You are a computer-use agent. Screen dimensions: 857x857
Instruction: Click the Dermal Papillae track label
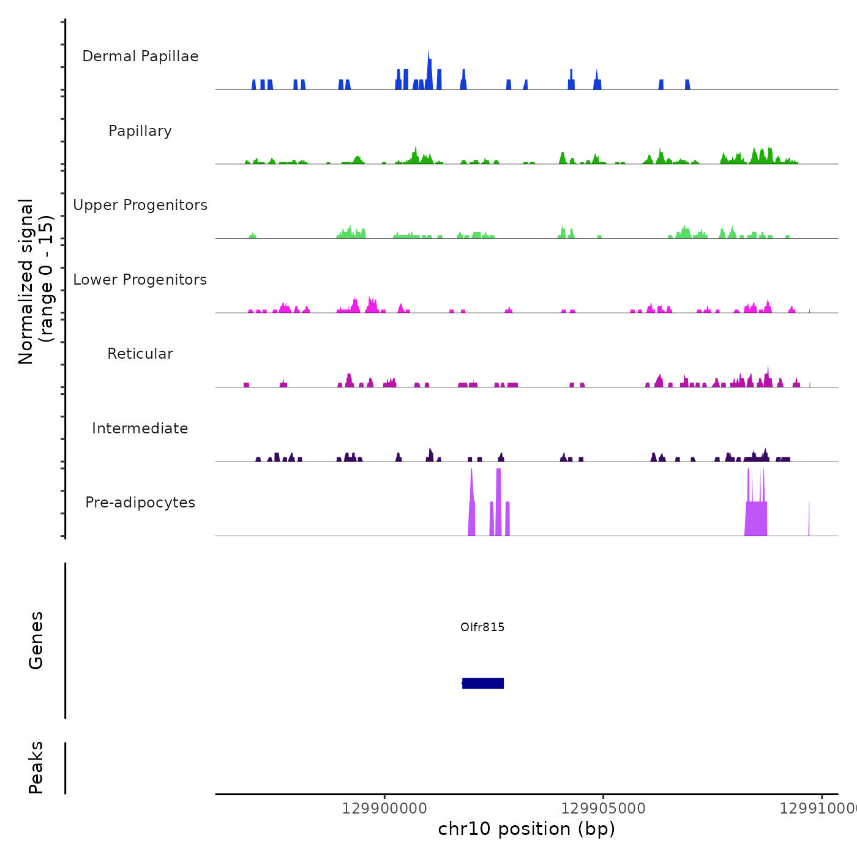140,56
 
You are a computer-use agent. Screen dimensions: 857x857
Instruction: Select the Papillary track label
140,131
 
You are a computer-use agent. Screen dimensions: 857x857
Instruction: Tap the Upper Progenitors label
140,205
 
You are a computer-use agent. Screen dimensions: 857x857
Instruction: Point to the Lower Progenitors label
140,280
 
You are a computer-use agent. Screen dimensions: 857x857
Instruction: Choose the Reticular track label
140,354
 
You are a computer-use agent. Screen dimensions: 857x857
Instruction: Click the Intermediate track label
140,428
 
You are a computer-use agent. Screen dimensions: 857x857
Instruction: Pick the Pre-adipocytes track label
140,503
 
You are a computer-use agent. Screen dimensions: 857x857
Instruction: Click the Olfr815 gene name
482,627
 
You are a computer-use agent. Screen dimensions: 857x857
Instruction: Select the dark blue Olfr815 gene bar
483,683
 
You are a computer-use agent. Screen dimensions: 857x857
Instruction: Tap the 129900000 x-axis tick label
384,809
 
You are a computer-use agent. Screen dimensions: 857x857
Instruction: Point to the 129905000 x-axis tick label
603,809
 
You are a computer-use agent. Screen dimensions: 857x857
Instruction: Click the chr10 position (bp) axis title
526,829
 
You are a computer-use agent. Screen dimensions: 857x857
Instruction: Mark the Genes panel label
36,640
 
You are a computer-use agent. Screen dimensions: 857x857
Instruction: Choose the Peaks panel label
36,768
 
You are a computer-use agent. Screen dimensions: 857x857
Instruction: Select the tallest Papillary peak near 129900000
416,155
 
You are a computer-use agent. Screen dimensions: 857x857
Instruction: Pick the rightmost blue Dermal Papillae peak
687,84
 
